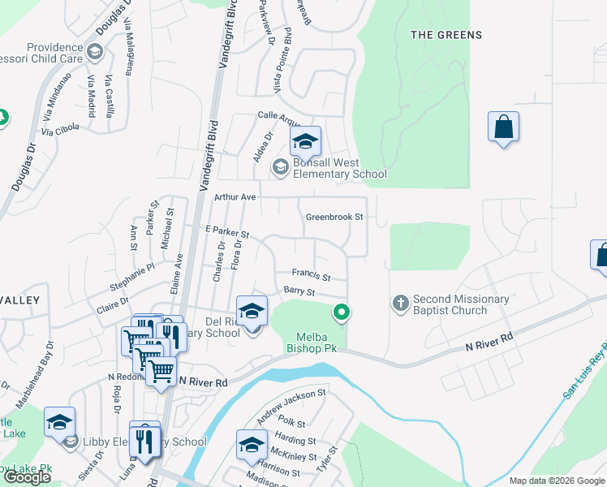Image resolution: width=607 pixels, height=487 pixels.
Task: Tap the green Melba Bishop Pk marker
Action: pyautogui.click(x=342, y=311)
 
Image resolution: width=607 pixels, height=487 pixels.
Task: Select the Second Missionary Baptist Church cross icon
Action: pyautogui.click(x=400, y=304)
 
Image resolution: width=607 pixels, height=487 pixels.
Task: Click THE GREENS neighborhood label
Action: pyautogui.click(x=446, y=35)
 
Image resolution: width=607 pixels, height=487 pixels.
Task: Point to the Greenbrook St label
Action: pyautogui.click(x=334, y=217)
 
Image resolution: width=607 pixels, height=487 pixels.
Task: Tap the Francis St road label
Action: pyautogui.click(x=312, y=275)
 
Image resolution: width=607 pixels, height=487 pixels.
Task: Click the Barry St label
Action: pyautogui.click(x=298, y=291)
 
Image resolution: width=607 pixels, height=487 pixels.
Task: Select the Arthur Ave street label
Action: pyautogui.click(x=235, y=197)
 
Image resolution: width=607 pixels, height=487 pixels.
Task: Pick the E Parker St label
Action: pyautogui.click(x=226, y=232)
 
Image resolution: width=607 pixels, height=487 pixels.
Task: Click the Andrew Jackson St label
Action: pyautogui.click(x=291, y=407)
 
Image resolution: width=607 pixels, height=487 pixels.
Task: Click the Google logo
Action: pyautogui.click(x=27, y=477)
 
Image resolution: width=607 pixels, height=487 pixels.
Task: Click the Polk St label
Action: pyautogui.click(x=290, y=424)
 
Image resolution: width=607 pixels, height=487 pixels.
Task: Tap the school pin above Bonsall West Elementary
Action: pyautogui.click(x=305, y=142)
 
